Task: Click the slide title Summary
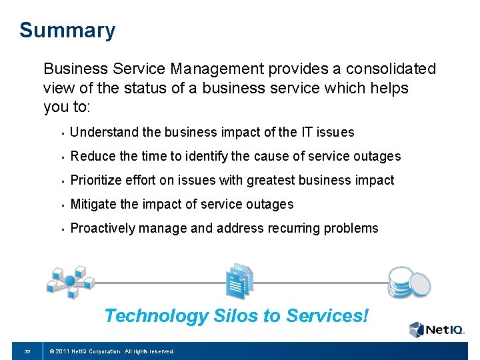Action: tap(67, 31)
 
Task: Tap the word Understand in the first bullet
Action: tap(102, 133)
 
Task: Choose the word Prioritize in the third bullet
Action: tap(97, 181)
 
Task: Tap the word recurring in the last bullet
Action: tap(295, 229)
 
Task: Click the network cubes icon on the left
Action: tap(69, 280)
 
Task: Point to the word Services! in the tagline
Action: tap(327, 315)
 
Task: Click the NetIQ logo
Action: tap(435, 329)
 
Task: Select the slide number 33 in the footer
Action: tap(27, 351)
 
